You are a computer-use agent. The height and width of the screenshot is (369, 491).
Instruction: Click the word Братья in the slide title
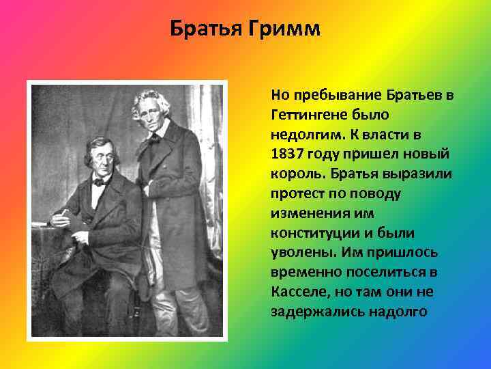point(203,30)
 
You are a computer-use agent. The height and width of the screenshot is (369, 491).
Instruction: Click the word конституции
point(311,232)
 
